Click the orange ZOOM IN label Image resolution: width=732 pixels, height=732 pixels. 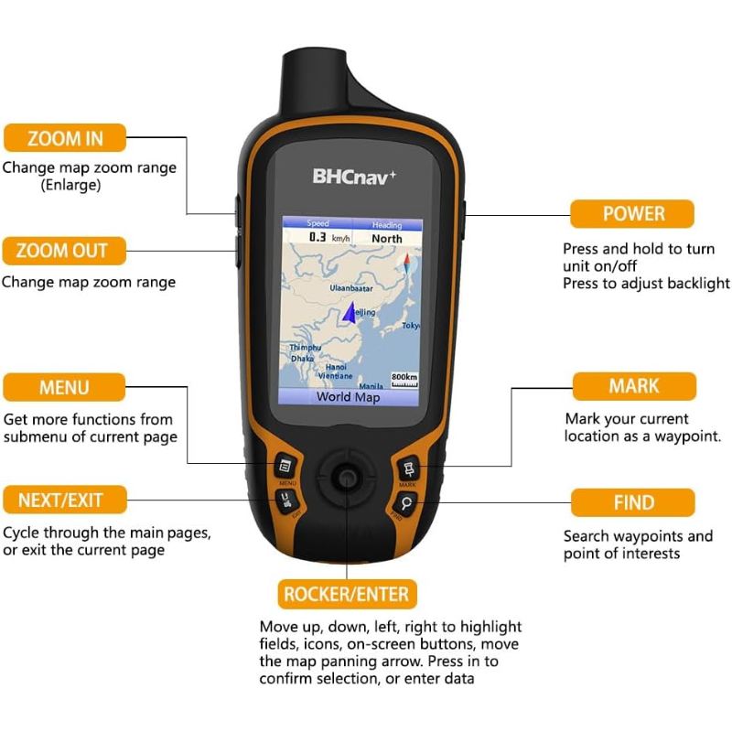[65, 138]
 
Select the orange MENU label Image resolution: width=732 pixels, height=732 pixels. [64, 387]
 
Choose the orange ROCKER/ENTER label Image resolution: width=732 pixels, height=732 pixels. [347, 594]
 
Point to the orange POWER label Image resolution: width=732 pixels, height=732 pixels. [632, 214]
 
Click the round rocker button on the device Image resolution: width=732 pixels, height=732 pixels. [346, 476]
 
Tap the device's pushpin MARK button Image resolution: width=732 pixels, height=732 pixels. [408, 468]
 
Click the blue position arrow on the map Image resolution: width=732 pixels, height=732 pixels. [349, 315]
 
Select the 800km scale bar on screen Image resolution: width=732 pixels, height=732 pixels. [404, 380]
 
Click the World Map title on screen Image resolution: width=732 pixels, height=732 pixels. [348, 397]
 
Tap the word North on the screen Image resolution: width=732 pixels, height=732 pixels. [386, 238]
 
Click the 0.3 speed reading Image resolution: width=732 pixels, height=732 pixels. [318, 237]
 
